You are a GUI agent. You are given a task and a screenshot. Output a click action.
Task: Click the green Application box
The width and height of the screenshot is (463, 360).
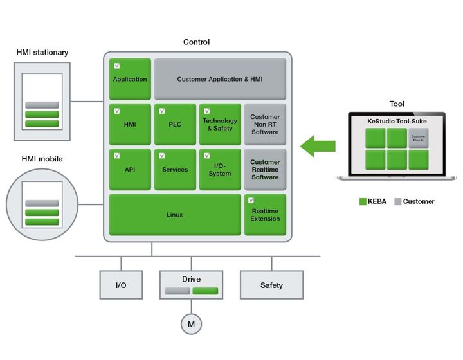pyautogui.click(x=130, y=79)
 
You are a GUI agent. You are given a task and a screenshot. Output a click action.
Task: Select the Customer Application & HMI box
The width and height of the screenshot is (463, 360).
pyautogui.click(x=220, y=79)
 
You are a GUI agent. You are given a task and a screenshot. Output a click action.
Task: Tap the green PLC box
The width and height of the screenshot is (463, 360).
pyautogui.click(x=175, y=124)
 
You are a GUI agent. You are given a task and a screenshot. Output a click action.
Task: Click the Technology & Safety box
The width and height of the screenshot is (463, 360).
pyautogui.click(x=220, y=124)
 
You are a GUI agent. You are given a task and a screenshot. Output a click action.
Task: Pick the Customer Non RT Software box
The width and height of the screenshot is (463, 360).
pyautogui.click(x=265, y=124)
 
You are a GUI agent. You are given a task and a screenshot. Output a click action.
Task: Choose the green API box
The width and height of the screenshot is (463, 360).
pyautogui.click(x=130, y=169)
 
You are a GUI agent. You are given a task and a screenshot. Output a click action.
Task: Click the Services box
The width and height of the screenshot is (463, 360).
pyautogui.click(x=175, y=169)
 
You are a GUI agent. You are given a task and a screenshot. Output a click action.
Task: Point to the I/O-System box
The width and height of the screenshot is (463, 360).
pyautogui.click(x=220, y=169)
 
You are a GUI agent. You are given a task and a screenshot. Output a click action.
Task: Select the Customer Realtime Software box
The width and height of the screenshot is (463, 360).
pyautogui.click(x=265, y=169)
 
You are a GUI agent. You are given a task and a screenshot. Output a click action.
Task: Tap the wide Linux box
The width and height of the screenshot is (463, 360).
pyautogui.click(x=175, y=214)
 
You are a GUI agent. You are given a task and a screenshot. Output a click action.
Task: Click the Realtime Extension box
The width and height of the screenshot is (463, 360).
pyautogui.click(x=265, y=214)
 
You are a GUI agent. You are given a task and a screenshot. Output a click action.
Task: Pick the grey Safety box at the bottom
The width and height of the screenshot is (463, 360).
pyautogui.click(x=271, y=285)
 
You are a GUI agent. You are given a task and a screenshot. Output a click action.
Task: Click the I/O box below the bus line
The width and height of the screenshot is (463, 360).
pyautogui.click(x=121, y=285)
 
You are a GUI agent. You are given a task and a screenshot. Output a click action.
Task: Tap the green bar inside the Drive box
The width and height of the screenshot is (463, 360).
pyautogui.click(x=205, y=291)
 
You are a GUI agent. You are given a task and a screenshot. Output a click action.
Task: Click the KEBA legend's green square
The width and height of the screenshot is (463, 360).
pyautogui.click(x=363, y=201)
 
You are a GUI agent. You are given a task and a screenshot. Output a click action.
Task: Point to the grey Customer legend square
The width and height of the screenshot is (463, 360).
pyautogui.click(x=397, y=201)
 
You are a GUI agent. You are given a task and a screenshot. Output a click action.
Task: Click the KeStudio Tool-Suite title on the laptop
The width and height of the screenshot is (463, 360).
pyautogui.click(x=397, y=121)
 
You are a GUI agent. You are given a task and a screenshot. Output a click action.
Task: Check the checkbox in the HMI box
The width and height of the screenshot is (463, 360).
pyautogui.click(x=117, y=111)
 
